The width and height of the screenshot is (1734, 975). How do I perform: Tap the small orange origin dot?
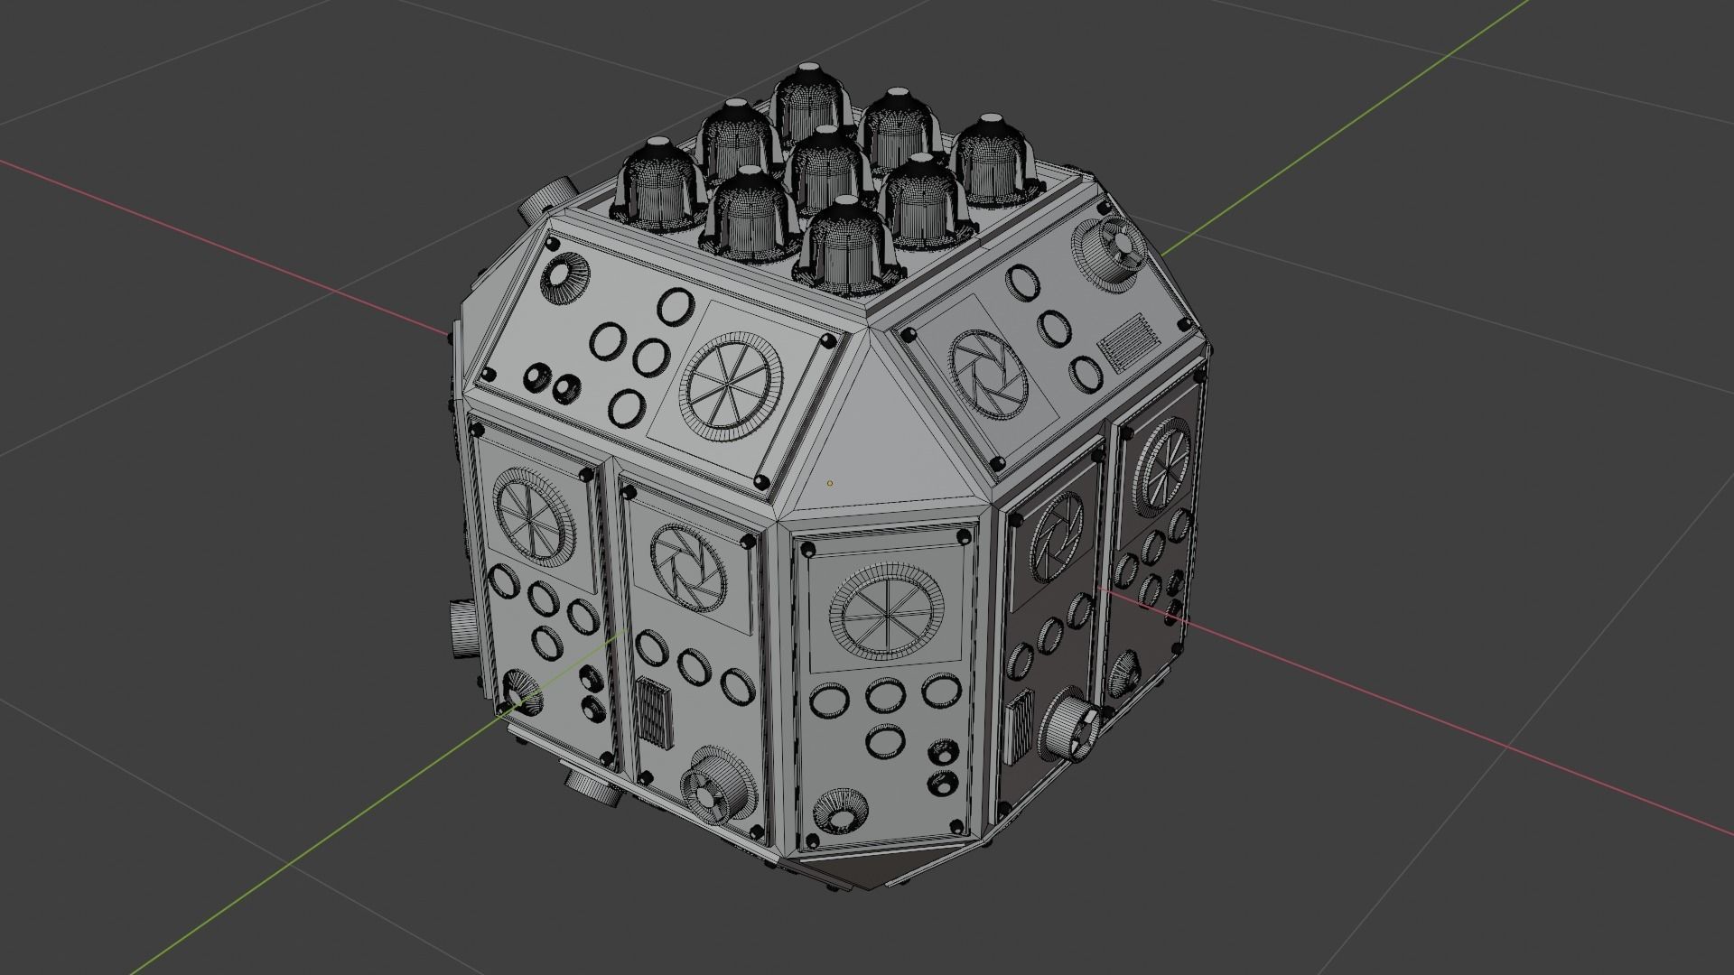(x=829, y=483)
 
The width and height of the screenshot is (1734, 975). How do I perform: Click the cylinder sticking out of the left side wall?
(x=463, y=629)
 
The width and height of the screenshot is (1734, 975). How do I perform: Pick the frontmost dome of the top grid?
(x=846, y=242)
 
